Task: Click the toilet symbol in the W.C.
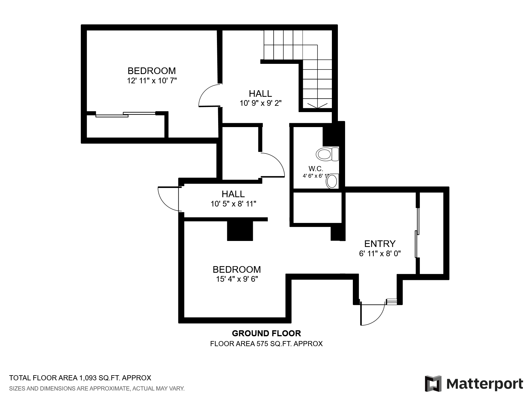point(327,154)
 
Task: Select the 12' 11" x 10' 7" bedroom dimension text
point(152,81)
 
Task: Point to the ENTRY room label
point(380,244)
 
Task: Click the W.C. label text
point(316,169)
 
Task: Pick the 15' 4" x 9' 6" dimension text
point(237,279)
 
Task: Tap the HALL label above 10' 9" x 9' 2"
point(260,94)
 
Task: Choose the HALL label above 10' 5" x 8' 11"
point(233,194)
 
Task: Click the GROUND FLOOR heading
point(266,333)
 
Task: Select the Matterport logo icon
point(433,383)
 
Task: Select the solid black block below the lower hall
point(240,231)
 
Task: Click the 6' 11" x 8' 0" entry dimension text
point(380,254)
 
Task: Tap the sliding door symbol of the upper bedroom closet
point(126,114)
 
